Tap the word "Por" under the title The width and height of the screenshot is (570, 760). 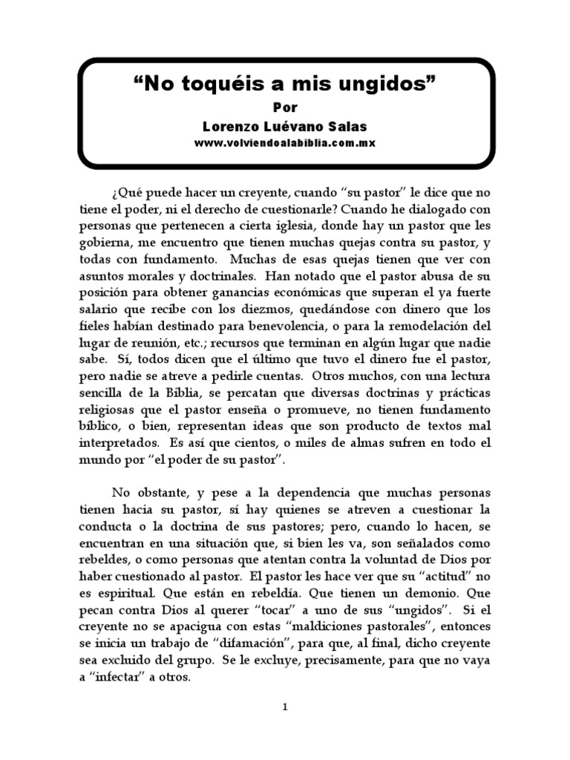(x=285, y=107)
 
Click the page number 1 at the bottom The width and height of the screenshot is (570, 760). (x=285, y=707)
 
